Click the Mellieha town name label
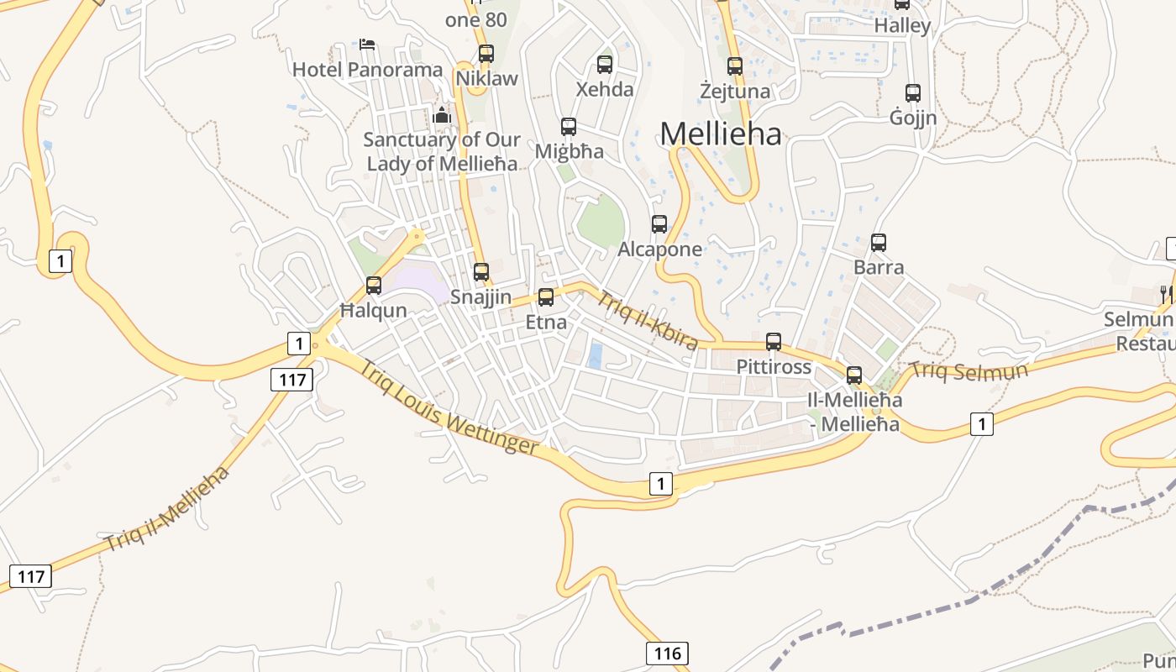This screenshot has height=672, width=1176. pos(721,134)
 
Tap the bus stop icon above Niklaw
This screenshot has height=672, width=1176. pos(486,54)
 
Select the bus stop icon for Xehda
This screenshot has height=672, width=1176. pos(604,64)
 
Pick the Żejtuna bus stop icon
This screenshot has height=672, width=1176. pos(735,66)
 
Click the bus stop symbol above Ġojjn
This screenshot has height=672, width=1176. pos(913,93)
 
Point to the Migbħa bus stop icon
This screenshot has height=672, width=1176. pos(569,127)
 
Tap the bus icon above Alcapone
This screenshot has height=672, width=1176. pos(659,224)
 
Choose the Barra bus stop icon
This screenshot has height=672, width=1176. pos(879,243)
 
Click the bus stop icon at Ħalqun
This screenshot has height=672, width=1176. pos(374,286)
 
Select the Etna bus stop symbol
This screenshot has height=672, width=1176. pos(546,297)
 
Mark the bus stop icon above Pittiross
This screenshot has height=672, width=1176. pos(774,342)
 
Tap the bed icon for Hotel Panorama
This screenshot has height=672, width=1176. pos(367,44)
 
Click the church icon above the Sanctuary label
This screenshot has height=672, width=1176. pos(442,114)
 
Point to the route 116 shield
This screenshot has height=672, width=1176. pos(667,653)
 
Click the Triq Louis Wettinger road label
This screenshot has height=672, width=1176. pos(449,407)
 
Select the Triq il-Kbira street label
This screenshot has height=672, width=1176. pos(648,320)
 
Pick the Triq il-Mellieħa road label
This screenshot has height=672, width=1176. pos(167,508)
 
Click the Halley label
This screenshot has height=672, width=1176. pos(902,26)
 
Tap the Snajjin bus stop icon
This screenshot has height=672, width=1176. pos(481,272)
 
